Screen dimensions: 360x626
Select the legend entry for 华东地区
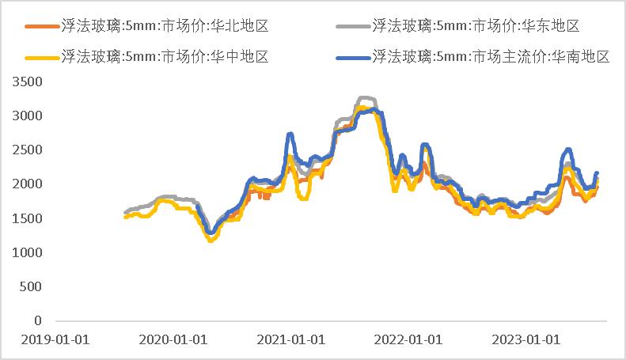(476, 27)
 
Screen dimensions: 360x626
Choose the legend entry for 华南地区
(491, 57)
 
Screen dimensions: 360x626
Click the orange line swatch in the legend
(40, 27)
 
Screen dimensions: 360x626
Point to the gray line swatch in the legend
(351, 27)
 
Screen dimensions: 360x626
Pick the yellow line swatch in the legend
(40, 57)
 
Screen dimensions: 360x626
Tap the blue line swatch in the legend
(351, 57)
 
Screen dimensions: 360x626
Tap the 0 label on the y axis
(38, 320)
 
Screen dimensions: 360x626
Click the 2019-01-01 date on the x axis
(55, 339)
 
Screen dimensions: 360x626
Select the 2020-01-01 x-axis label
(173, 339)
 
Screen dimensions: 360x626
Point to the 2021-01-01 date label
(290, 339)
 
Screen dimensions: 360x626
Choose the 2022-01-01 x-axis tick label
(408, 339)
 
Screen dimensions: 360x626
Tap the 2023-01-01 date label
(526, 339)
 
